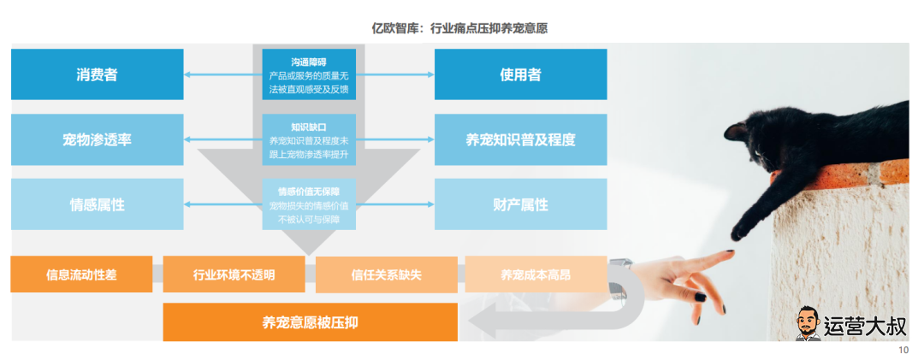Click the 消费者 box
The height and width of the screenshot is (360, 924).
[97, 74]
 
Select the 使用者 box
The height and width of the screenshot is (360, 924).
[520, 74]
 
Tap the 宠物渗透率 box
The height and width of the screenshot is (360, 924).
[97, 139]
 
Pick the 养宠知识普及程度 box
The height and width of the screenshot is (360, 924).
[520, 139]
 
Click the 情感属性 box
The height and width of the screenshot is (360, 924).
[97, 204]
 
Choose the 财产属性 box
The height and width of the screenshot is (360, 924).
[520, 204]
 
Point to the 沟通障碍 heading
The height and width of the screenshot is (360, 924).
[309, 62]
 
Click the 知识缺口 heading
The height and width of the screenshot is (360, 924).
[309, 127]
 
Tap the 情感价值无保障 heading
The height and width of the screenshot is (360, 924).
[309, 191]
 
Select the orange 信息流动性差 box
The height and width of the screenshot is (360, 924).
[81, 274]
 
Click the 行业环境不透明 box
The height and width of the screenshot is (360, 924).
[234, 274]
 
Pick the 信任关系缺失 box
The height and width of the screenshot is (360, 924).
[386, 274]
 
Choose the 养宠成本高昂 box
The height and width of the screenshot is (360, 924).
[535, 274]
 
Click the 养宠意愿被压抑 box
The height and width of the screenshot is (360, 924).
[310, 322]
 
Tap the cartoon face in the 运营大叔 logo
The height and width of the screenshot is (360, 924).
[808, 324]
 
